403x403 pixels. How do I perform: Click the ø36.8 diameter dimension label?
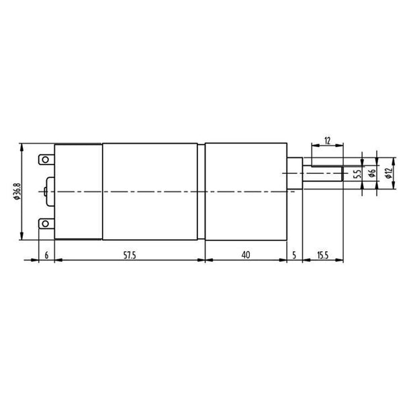17,191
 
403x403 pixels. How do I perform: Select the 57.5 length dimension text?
130,255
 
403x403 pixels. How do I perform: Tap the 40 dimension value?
246,255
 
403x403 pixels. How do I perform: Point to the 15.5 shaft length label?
322,255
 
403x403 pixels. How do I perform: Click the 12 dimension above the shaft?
327,141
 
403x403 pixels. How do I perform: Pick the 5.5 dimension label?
357,173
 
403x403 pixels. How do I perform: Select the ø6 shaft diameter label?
372,173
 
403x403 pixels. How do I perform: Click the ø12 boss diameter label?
389,173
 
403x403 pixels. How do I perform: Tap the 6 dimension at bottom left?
46,255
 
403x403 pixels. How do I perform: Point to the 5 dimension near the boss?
294,255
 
